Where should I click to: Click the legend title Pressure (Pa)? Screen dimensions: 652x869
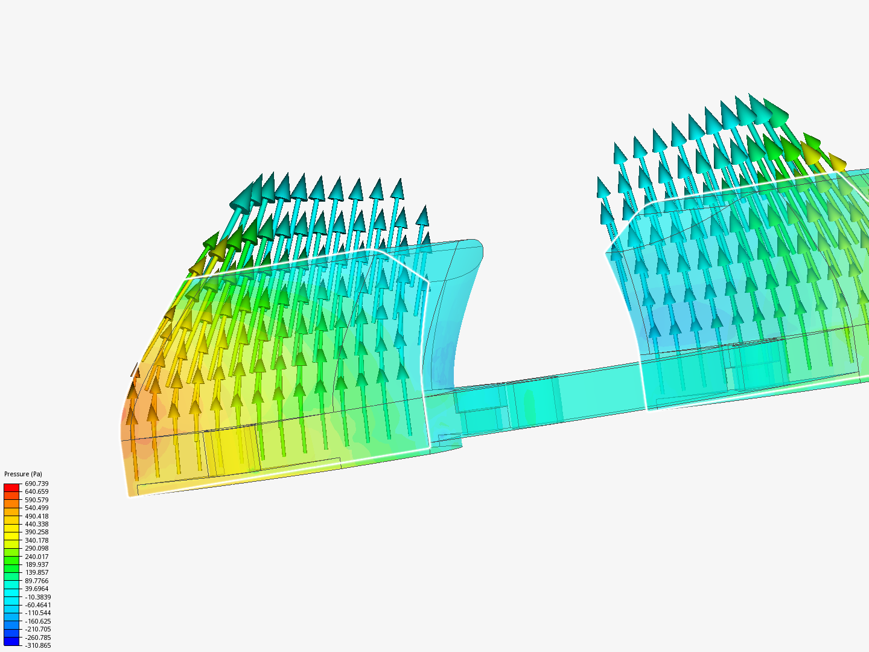[x=24, y=474]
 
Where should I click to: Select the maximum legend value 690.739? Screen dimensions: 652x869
[x=36, y=484]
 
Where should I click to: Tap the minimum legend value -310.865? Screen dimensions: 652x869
[x=37, y=645]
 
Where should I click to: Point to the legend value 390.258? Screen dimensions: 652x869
[x=36, y=532]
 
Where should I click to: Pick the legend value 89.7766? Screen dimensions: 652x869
[x=36, y=581]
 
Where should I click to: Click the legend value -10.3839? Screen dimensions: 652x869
[x=37, y=597]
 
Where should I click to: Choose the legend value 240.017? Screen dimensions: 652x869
[x=36, y=557]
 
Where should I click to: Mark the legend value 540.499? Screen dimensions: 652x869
[x=36, y=508]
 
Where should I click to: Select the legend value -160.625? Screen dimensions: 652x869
[x=37, y=621]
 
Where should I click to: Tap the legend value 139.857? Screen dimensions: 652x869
[x=36, y=572]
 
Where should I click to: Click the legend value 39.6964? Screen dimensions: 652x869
[x=36, y=589]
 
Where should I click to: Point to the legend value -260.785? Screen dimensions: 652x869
[x=37, y=638]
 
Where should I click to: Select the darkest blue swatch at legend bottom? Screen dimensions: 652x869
[x=11, y=641]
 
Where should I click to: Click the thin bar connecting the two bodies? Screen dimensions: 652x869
[x=543, y=398]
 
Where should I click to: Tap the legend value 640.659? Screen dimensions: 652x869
[x=36, y=491]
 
